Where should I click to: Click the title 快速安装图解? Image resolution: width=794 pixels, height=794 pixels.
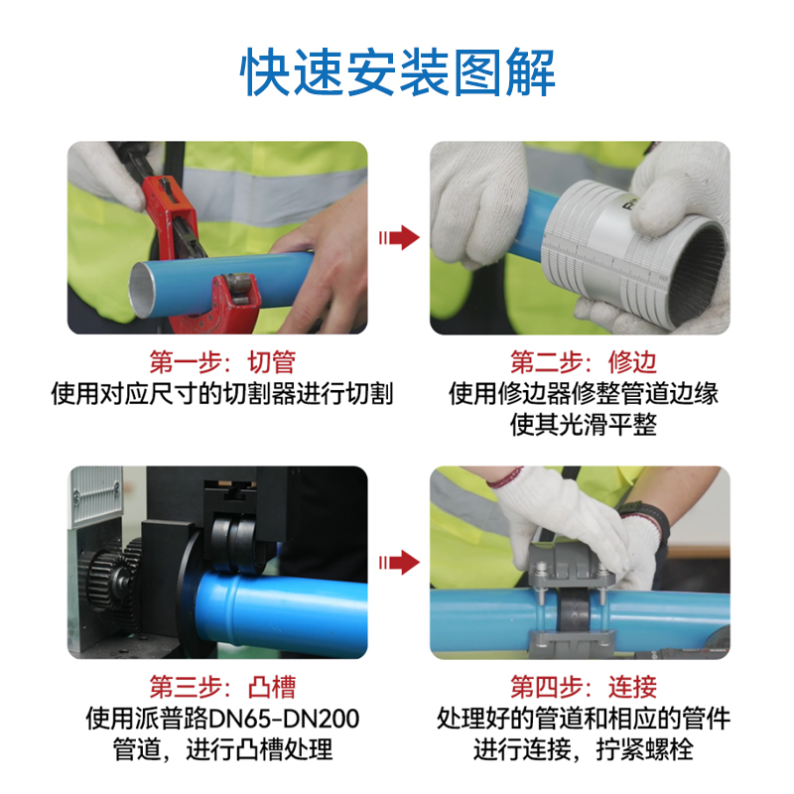pyautogui.click(x=398, y=71)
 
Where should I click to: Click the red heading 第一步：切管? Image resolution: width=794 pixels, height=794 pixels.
pyautogui.click(x=222, y=362)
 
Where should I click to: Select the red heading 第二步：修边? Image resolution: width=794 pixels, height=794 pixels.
pyautogui.click(x=584, y=362)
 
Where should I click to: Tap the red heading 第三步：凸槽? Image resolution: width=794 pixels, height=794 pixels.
pyautogui.click(x=222, y=687)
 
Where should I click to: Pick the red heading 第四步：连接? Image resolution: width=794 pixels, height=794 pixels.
pyautogui.click(x=584, y=687)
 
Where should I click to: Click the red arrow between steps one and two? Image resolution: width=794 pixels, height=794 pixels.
pyautogui.click(x=399, y=237)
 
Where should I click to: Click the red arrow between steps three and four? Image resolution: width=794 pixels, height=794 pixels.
pyautogui.click(x=399, y=562)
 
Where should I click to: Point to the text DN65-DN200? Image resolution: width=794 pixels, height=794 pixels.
pyautogui.click(x=284, y=719)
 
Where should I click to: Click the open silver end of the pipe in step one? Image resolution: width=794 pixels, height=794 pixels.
pyautogui.click(x=143, y=291)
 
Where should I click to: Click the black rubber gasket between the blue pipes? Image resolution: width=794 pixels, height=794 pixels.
pyautogui.click(x=573, y=610)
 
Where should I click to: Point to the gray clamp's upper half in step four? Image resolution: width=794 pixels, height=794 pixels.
pyautogui.click(x=572, y=566)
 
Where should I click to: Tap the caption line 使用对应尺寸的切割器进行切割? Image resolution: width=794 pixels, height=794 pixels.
pyautogui.click(x=221, y=394)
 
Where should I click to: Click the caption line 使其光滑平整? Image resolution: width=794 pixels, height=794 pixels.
pyautogui.click(x=584, y=425)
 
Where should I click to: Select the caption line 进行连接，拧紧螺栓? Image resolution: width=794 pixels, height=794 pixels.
pyautogui.click(x=584, y=749)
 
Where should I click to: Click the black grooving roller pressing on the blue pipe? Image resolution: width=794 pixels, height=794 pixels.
pyautogui.click(x=234, y=543)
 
